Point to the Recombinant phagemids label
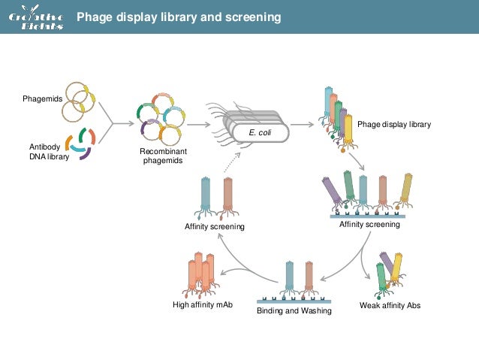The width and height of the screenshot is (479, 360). coord(163,156)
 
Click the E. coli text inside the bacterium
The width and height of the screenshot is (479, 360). coord(259,132)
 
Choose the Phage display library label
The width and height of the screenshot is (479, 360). coord(393,124)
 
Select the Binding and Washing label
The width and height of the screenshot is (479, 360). coord(294,310)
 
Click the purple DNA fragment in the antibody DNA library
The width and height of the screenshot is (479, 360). coord(86,156)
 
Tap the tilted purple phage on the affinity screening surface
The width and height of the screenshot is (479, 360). coord(332,191)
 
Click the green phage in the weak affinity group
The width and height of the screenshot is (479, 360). coord(381,277)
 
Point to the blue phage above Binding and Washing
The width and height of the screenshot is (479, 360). coord(289,276)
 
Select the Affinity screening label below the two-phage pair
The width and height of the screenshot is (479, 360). coord(215,226)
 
